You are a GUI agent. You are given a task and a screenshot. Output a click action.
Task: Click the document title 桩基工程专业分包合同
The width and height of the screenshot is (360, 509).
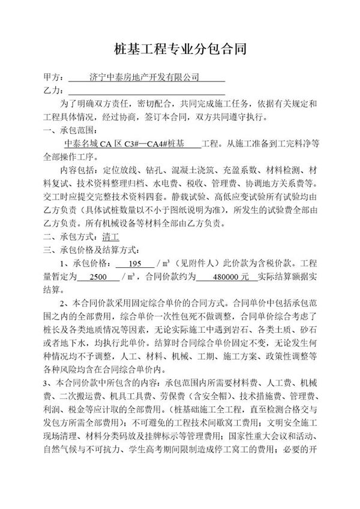point(180,49)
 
